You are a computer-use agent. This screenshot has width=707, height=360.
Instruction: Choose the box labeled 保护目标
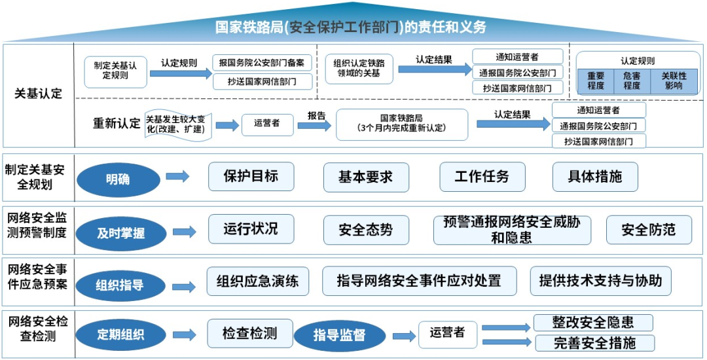click(x=251, y=177)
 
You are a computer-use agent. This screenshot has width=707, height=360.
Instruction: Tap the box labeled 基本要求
click(x=366, y=177)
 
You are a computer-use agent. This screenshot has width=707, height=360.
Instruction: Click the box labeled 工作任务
click(x=482, y=177)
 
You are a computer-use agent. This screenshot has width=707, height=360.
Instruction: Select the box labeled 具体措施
click(x=595, y=177)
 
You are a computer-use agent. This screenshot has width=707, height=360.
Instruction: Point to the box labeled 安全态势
click(x=366, y=230)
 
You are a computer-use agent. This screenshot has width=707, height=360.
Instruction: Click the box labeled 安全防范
click(x=648, y=230)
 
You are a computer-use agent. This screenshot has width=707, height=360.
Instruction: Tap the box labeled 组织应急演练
click(x=258, y=281)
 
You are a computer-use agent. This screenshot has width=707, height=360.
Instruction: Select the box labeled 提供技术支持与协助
click(x=600, y=281)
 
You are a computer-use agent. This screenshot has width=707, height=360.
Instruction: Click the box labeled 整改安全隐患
click(x=593, y=323)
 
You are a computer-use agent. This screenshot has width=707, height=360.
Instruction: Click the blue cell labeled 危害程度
click(x=632, y=81)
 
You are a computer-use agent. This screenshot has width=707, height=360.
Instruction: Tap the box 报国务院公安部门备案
click(x=263, y=63)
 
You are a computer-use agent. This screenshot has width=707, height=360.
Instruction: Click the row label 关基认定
click(x=38, y=94)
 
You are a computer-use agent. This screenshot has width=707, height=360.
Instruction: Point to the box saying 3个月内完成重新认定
click(x=402, y=124)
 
